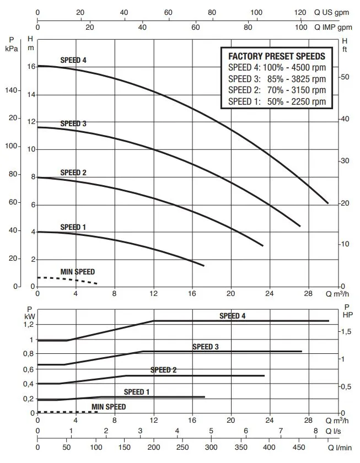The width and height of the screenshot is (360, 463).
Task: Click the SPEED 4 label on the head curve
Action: pyautogui.click(x=73, y=60)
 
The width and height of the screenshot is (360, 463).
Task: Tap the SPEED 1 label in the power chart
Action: pyautogui.click(x=137, y=392)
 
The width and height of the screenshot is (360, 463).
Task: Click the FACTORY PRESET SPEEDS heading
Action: pyautogui.click(x=276, y=56)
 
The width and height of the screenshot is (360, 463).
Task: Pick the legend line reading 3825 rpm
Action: pyautogui.click(x=276, y=79)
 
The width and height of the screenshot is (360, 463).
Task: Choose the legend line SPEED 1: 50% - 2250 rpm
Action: pyautogui.click(x=276, y=101)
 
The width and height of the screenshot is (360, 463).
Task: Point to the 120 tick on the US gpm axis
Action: pyautogui.click(x=300, y=12)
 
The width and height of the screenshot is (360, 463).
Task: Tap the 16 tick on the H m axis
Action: pyautogui.click(x=31, y=67)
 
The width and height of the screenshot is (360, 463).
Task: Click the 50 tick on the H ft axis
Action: pyautogui.click(x=345, y=77)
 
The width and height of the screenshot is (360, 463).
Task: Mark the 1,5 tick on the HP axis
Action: pyautogui.click(x=346, y=331)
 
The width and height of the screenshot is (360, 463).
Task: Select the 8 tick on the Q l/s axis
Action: pyautogui.click(x=316, y=431)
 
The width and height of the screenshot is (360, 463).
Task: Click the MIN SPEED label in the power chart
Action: pyautogui.click(x=109, y=407)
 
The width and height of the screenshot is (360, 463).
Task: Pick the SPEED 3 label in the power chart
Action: pyautogui.click(x=206, y=347)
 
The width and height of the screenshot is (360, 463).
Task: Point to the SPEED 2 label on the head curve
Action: pyautogui.click(x=73, y=173)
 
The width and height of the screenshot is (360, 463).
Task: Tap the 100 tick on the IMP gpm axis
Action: pyautogui.click(x=301, y=26)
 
